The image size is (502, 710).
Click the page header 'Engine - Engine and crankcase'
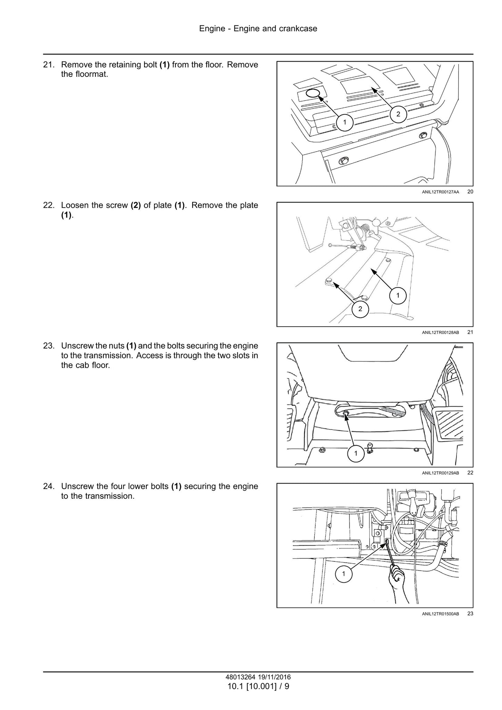[258, 28]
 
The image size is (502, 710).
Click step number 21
[49, 65]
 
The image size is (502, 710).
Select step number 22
[49, 205]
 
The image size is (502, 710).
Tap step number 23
[49, 346]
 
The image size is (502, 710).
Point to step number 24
[49, 487]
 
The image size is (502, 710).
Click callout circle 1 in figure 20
[345, 122]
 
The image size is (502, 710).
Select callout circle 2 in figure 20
[398, 114]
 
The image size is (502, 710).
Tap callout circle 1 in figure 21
[398, 296]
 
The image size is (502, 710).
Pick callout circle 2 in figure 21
[360, 309]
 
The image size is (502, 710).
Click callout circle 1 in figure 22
[356, 453]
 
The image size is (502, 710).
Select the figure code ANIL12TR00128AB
[441, 333]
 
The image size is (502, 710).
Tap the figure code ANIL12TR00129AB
[441, 473]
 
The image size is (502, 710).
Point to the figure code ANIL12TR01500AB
[441, 614]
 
